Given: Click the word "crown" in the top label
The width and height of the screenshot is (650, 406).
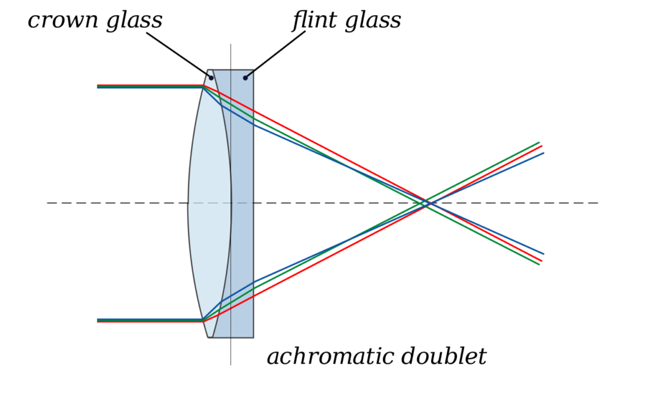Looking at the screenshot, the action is tap(63, 21).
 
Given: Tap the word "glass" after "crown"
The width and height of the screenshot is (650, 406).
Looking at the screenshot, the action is tap(135, 22).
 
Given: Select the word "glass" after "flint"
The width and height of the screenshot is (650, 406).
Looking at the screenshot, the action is tap(373, 22).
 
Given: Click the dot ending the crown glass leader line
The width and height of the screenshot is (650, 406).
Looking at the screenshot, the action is tap(211, 78).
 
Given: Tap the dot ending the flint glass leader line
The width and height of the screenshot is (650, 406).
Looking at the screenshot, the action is tap(246, 78).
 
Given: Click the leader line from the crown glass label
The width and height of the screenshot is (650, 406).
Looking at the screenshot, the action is tap(178, 55).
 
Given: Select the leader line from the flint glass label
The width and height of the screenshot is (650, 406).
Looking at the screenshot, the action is tap(275, 55).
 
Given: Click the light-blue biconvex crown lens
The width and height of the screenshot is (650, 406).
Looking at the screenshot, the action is tap(209, 204).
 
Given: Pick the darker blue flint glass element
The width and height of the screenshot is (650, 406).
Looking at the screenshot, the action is tap(242, 204).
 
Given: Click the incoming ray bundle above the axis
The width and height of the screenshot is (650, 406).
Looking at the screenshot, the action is tap(150, 86).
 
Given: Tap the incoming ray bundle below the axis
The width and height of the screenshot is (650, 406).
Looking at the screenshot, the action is tap(150, 320).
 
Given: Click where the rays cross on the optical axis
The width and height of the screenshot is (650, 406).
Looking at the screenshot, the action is tap(427, 203).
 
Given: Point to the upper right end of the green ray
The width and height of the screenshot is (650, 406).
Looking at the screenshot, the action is tap(540, 143).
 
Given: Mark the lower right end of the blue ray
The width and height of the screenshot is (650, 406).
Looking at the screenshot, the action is tap(543, 254).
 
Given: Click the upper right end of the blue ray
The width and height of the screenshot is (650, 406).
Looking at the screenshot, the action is tap(543, 154).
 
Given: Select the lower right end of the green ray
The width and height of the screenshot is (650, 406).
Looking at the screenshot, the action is tap(540, 265).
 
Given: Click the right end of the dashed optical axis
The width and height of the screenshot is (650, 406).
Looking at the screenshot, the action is tap(598, 203).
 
